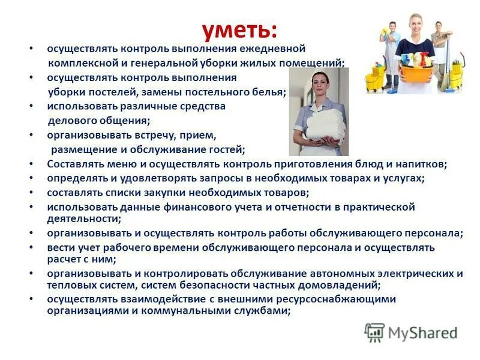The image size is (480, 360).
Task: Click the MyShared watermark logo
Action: tap(412, 332)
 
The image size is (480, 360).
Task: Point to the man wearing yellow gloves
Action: tap(391, 51)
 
